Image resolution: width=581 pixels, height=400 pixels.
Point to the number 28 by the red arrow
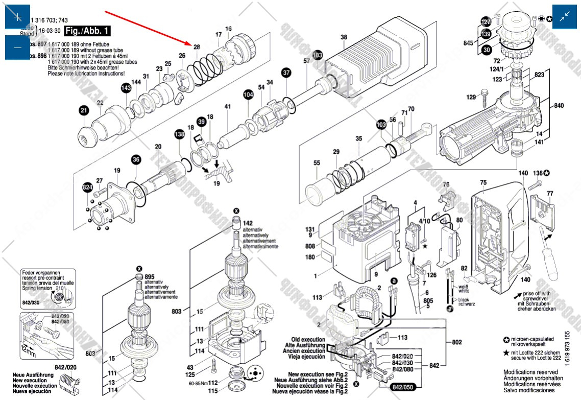(x=197, y=47)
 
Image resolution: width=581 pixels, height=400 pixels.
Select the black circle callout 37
(x=286, y=73)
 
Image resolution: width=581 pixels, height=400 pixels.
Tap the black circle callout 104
(x=248, y=95)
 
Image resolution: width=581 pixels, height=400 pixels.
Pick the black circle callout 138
(x=179, y=134)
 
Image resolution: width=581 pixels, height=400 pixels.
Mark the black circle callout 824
(x=87, y=189)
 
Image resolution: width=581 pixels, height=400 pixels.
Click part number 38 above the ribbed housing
(x=344, y=37)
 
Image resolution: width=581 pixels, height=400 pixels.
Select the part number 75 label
(x=483, y=182)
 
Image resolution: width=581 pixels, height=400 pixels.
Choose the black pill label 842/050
(x=403, y=388)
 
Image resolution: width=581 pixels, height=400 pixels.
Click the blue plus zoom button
(x=17, y=17)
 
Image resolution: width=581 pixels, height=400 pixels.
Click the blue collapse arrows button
(x=564, y=17)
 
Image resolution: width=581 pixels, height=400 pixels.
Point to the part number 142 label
(x=248, y=223)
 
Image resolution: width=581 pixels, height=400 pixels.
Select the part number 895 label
(x=150, y=276)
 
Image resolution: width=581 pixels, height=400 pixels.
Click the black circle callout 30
(x=487, y=50)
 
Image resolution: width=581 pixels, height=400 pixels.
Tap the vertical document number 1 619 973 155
(x=568, y=347)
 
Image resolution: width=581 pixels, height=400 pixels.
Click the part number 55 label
(x=317, y=163)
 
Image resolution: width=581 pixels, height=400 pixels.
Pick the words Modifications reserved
(x=530, y=372)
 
